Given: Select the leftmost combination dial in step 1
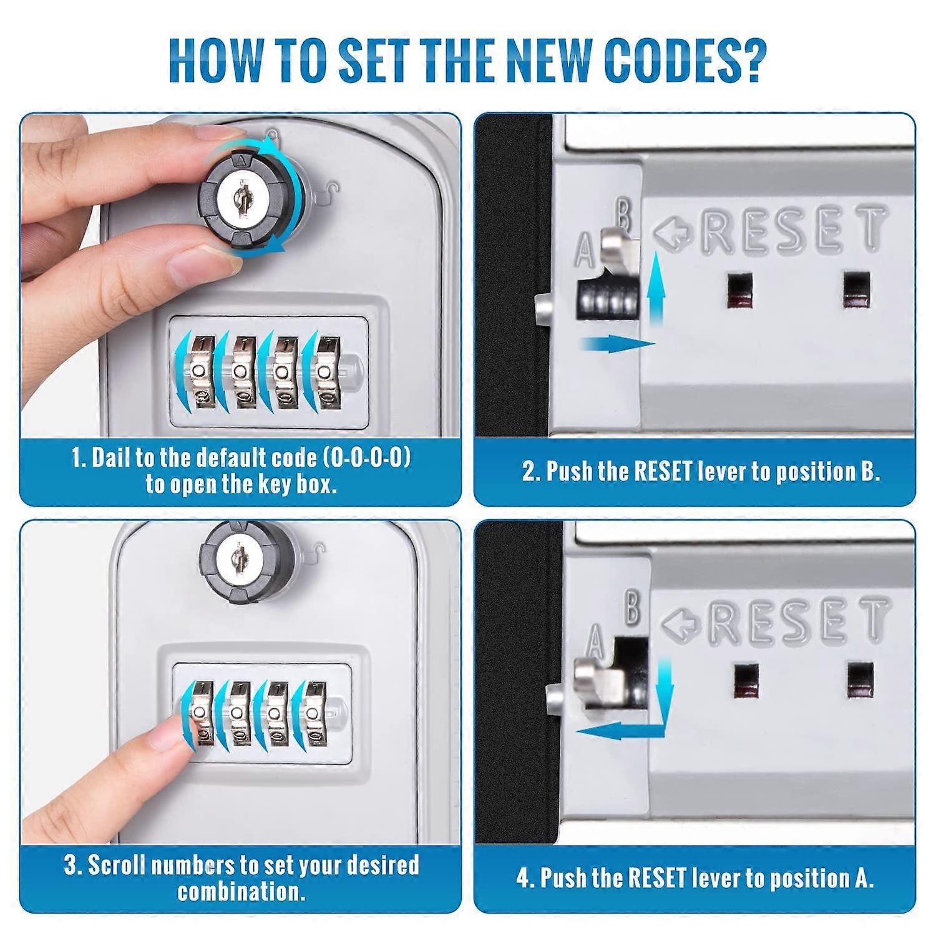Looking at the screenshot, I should coord(201,372).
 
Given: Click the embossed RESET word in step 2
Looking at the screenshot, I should coord(792,230).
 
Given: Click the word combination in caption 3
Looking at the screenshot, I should coord(241,892).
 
